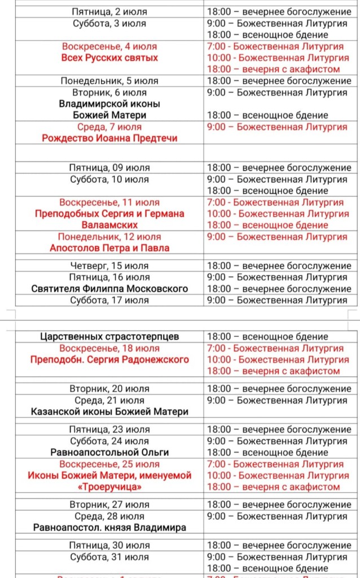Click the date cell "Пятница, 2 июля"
[109, 12]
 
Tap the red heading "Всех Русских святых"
[109, 58]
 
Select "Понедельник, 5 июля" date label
[109, 81]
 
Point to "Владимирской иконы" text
[109, 104]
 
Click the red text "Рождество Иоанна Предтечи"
[109, 138]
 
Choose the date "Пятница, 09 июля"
[109, 168]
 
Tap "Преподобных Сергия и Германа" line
[109, 214]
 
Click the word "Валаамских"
[109, 225]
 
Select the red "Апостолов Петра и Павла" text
[109, 248]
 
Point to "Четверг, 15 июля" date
[109, 266]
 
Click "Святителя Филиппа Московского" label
[109, 288]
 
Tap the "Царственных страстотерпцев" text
[109, 336]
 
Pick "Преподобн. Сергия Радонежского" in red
[109, 360]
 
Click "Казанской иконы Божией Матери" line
[109, 411]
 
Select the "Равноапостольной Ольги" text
[109, 452]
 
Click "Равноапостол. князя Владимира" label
[109, 528]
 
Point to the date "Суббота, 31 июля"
[109, 557]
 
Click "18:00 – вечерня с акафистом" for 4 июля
[274, 69]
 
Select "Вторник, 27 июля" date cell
[109, 505]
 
